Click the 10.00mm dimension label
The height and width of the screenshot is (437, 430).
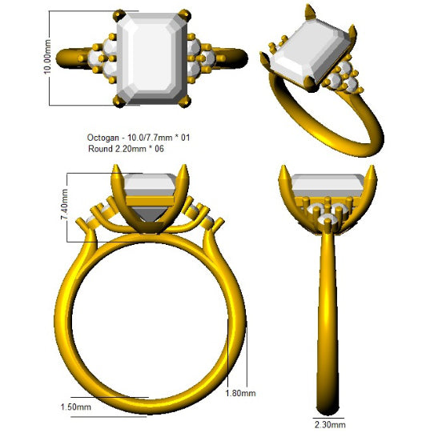coord(47,57)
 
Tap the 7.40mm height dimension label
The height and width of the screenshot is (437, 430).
coord(64,204)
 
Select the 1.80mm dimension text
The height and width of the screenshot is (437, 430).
coord(240,393)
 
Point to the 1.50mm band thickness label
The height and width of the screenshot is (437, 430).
coord(76,407)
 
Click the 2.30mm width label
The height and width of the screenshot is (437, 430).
coord(330,425)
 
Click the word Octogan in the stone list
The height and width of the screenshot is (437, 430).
coord(103,138)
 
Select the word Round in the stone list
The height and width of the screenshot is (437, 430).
coord(100,149)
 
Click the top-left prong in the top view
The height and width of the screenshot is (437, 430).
coord(119,15)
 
